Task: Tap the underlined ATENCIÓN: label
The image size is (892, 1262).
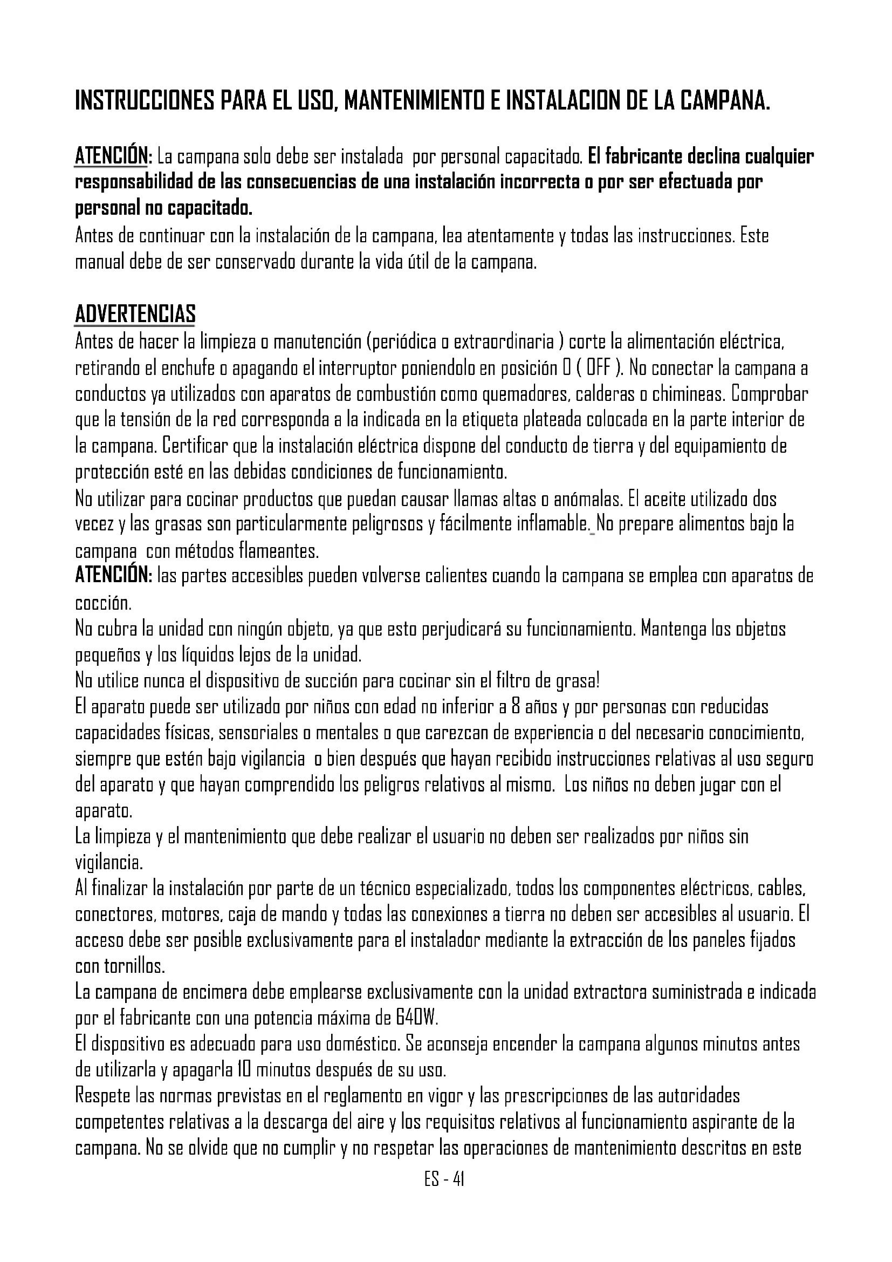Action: click(113, 156)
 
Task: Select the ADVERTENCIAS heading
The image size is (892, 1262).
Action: click(135, 315)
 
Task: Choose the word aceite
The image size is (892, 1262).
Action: click(663, 499)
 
